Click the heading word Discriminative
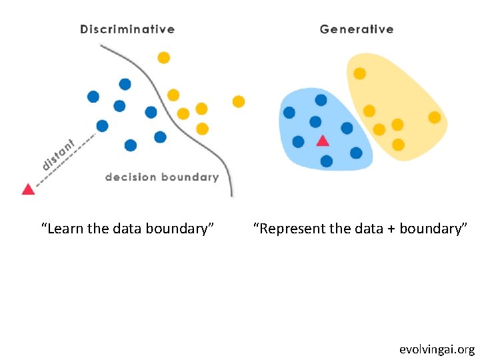pyautogui.click(x=127, y=29)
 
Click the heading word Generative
pyautogui.click(x=357, y=29)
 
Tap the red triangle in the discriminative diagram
pyautogui.click(x=28, y=189)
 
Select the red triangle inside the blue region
pyautogui.click(x=323, y=141)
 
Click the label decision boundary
pyautogui.click(x=162, y=177)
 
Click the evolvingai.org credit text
pyautogui.click(x=437, y=349)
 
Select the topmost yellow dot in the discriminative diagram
pyautogui.click(x=163, y=58)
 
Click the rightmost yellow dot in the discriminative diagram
pyautogui.click(x=238, y=101)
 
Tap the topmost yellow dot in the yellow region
pyautogui.click(x=359, y=73)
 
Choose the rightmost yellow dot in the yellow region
pyautogui.click(x=434, y=117)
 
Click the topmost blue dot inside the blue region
pyautogui.click(x=321, y=100)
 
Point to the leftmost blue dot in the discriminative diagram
pyautogui.click(x=93, y=97)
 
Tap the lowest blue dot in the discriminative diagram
pyautogui.click(x=131, y=145)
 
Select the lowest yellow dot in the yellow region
pyautogui.click(x=398, y=144)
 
